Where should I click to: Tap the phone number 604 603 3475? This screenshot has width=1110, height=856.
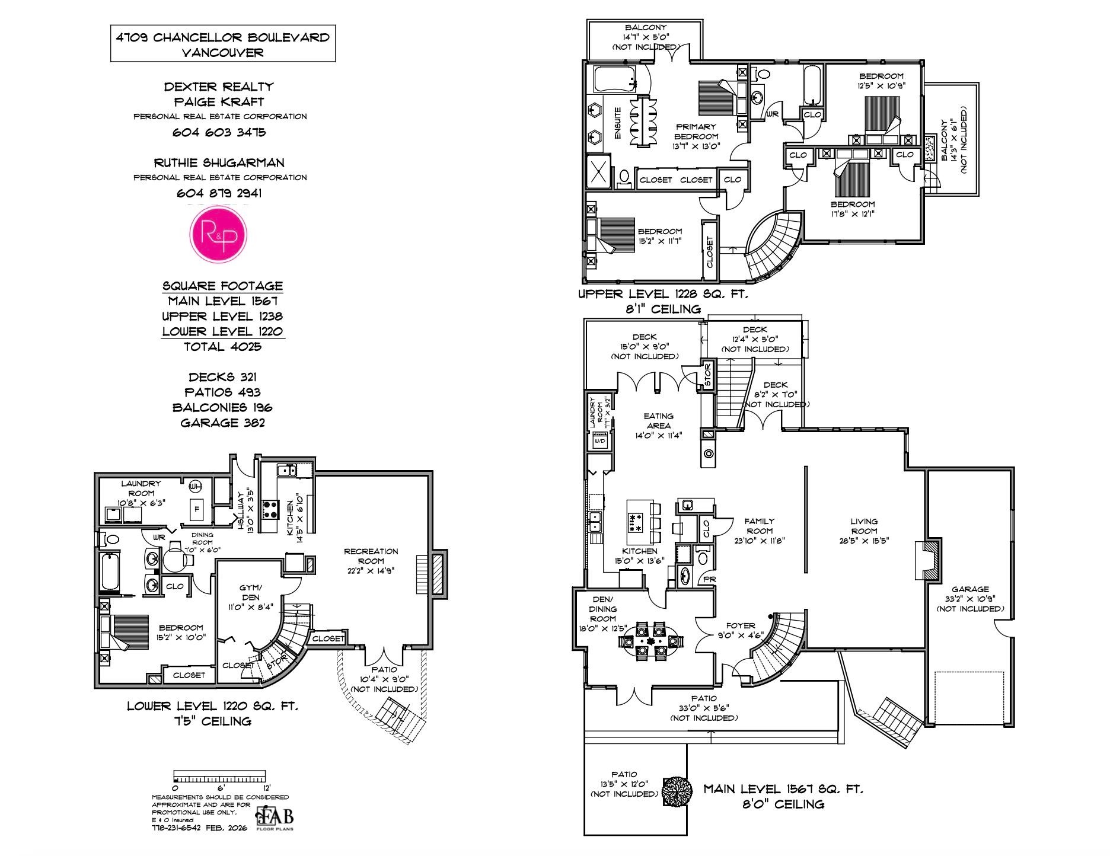[x=219, y=132]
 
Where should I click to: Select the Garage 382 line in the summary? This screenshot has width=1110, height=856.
[x=222, y=423]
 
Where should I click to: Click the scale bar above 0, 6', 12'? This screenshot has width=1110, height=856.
[x=219, y=777]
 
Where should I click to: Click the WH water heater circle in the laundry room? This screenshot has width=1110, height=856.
[x=195, y=487]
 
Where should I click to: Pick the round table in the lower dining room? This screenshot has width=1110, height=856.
[x=176, y=558]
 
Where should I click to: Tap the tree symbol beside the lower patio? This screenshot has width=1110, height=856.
[x=677, y=790]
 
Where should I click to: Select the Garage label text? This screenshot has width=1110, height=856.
[x=970, y=589]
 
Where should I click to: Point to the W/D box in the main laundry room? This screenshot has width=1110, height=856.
[x=599, y=441]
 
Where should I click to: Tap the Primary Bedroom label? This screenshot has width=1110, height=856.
[x=696, y=132]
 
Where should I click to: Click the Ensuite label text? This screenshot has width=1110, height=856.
[x=618, y=123]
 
